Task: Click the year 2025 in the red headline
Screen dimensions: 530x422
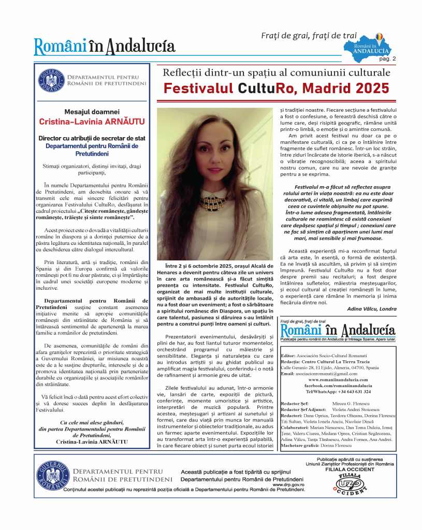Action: [369, 88]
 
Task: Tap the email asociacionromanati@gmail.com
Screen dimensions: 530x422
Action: [326, 373]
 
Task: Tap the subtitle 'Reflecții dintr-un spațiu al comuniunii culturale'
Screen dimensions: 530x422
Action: [277, 72]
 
